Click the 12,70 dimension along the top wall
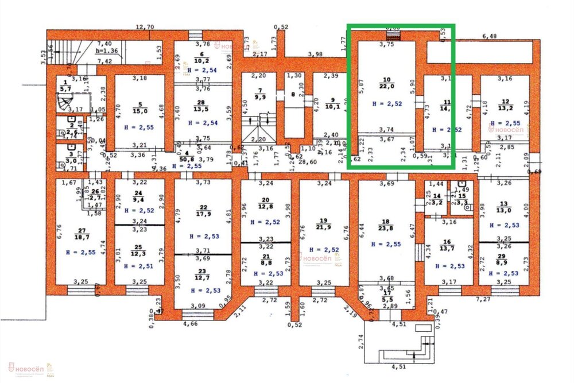tap(145, 26)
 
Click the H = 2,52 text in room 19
tap(324, 249)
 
